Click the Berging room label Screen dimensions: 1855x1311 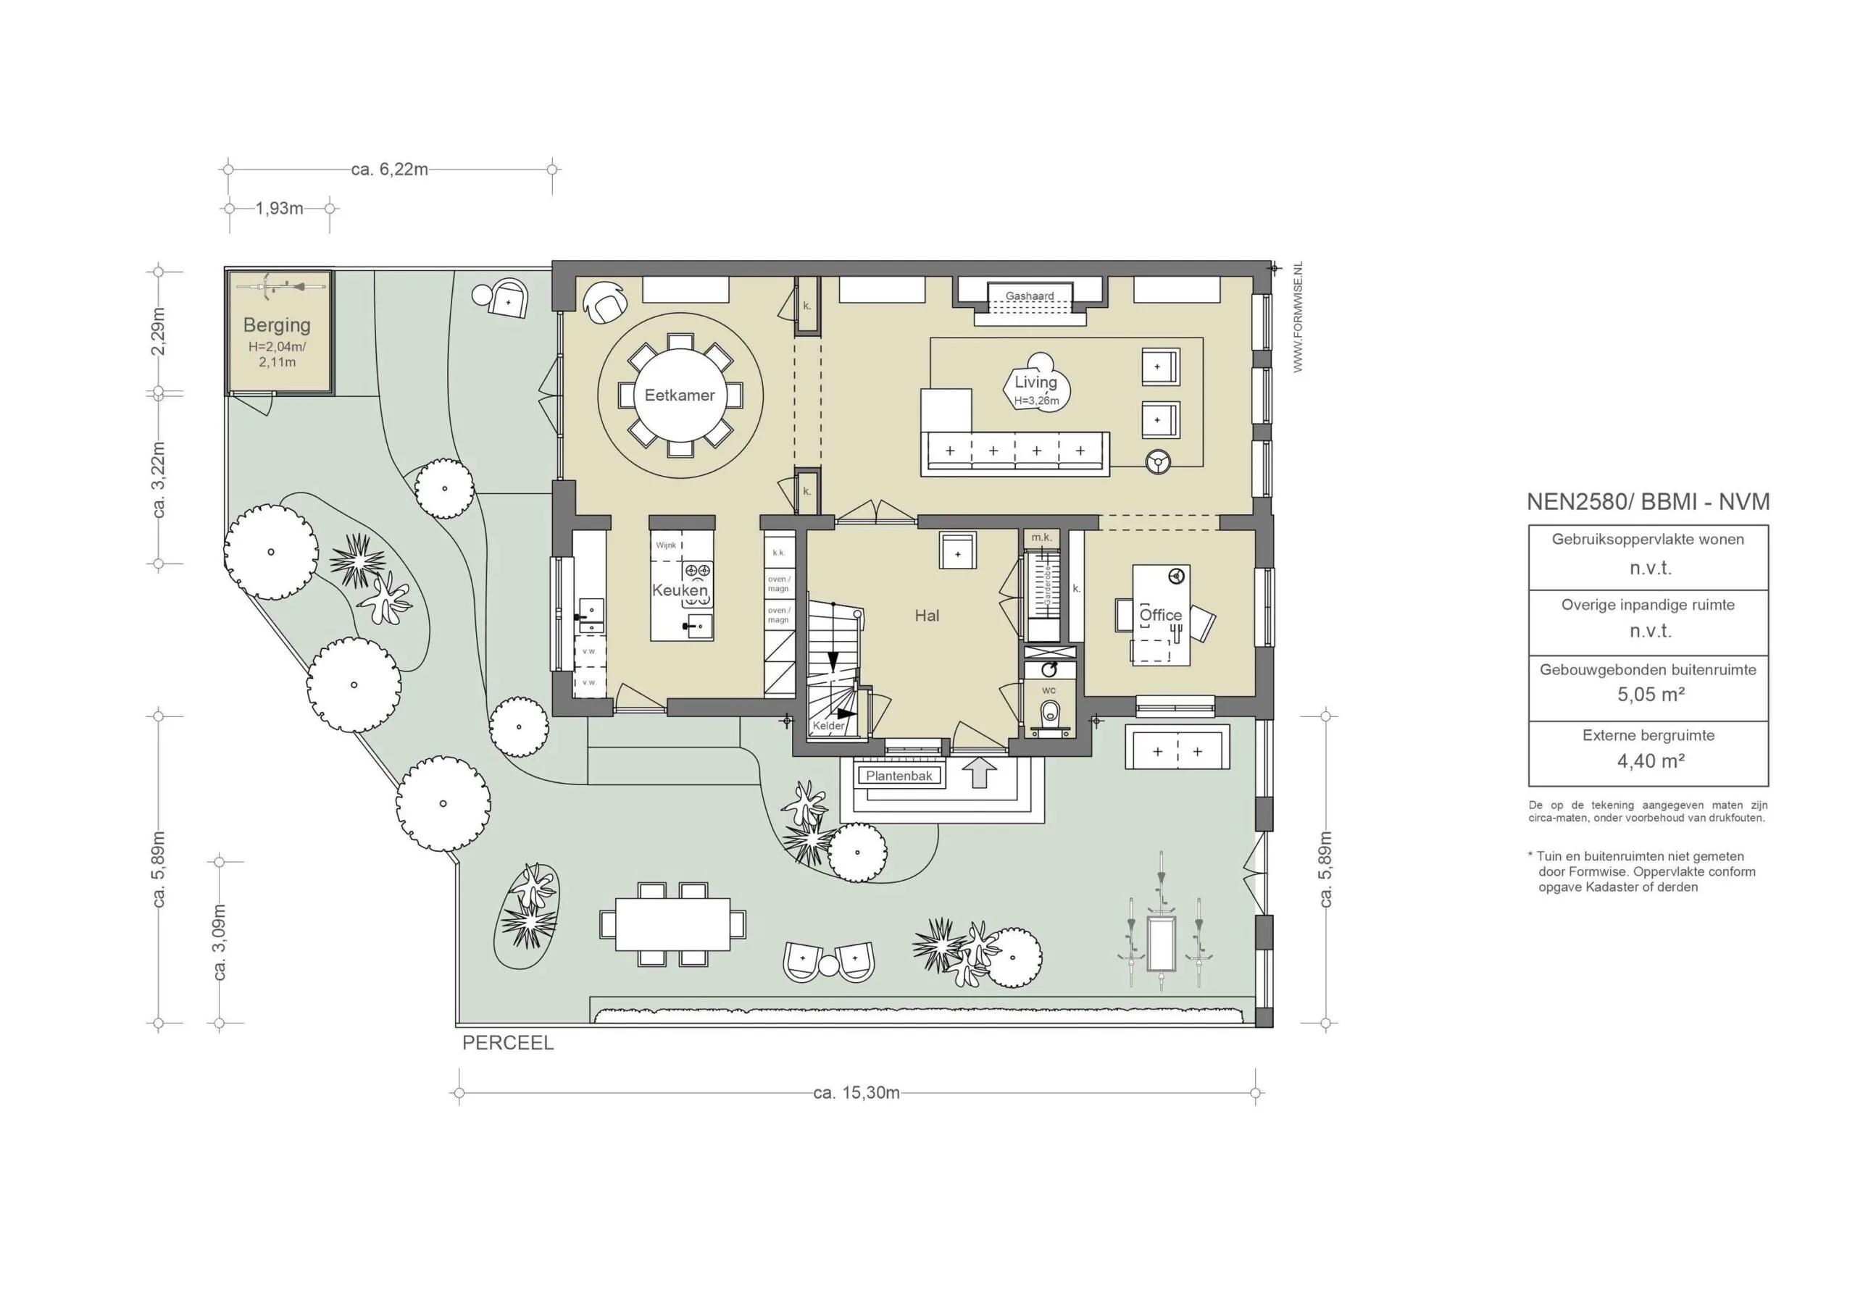(276, 324)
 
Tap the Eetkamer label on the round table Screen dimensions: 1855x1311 (680, 395)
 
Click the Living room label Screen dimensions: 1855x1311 (1035, 382)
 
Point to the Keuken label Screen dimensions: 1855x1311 (680, 590)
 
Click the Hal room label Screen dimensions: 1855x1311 (927, 616)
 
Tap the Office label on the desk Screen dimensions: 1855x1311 (1160, 615)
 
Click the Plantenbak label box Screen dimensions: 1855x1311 (899, 776)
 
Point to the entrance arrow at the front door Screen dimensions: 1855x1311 (980, 773)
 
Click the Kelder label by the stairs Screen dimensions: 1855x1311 (828, 725)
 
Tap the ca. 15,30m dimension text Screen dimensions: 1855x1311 (856, 1093)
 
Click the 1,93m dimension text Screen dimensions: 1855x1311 (280, 209)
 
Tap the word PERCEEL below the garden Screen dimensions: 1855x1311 (508, 1043)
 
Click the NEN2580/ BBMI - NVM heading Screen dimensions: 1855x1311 (1648, 502)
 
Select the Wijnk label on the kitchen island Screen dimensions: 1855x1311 (666, 545)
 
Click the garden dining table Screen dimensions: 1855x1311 (673, 924)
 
